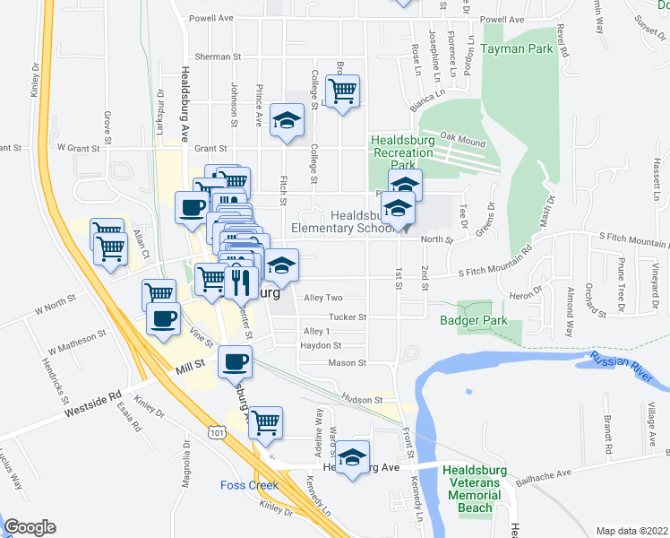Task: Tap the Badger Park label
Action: (474, 320)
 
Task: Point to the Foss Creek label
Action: (249, 485)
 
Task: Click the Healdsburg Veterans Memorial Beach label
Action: (474, 489)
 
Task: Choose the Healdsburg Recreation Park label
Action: (402, 152)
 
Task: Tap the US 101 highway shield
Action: (216, 433)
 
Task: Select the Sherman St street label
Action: (219, 56)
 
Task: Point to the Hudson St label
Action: (365, 400)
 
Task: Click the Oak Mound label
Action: (462, 138)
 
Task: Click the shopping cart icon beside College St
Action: (342, 90)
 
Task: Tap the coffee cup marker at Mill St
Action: (235, 361)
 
